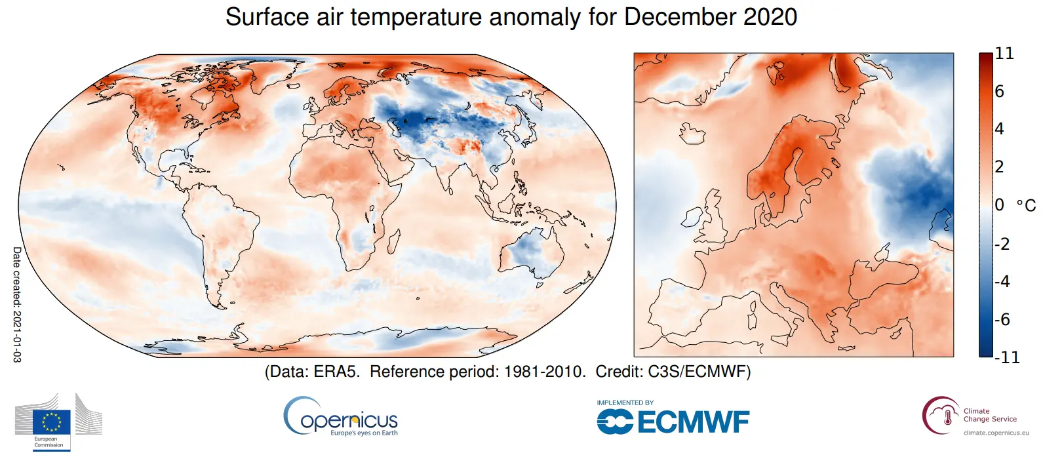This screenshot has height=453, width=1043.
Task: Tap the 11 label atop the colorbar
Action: click(1004, 54)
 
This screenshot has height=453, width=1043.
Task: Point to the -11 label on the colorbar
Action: click(1007, 357)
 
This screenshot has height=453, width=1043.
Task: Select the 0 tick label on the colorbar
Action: click(999, 205)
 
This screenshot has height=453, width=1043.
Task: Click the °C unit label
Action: click(1026, 206)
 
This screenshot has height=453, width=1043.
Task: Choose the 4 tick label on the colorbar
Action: click(999, 129)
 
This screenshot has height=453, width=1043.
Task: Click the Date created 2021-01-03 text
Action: click(17, 304)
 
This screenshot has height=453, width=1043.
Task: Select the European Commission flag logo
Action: click(52, 422)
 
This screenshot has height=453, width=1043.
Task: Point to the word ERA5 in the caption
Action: click(335, 372)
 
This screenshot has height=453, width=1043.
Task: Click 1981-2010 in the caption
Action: click(543, 372)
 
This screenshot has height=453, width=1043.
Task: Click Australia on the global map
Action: click(531, 252)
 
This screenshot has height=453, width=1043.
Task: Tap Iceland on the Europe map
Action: click(692, 134)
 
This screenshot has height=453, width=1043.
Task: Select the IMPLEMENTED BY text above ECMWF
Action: click(625, 403)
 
